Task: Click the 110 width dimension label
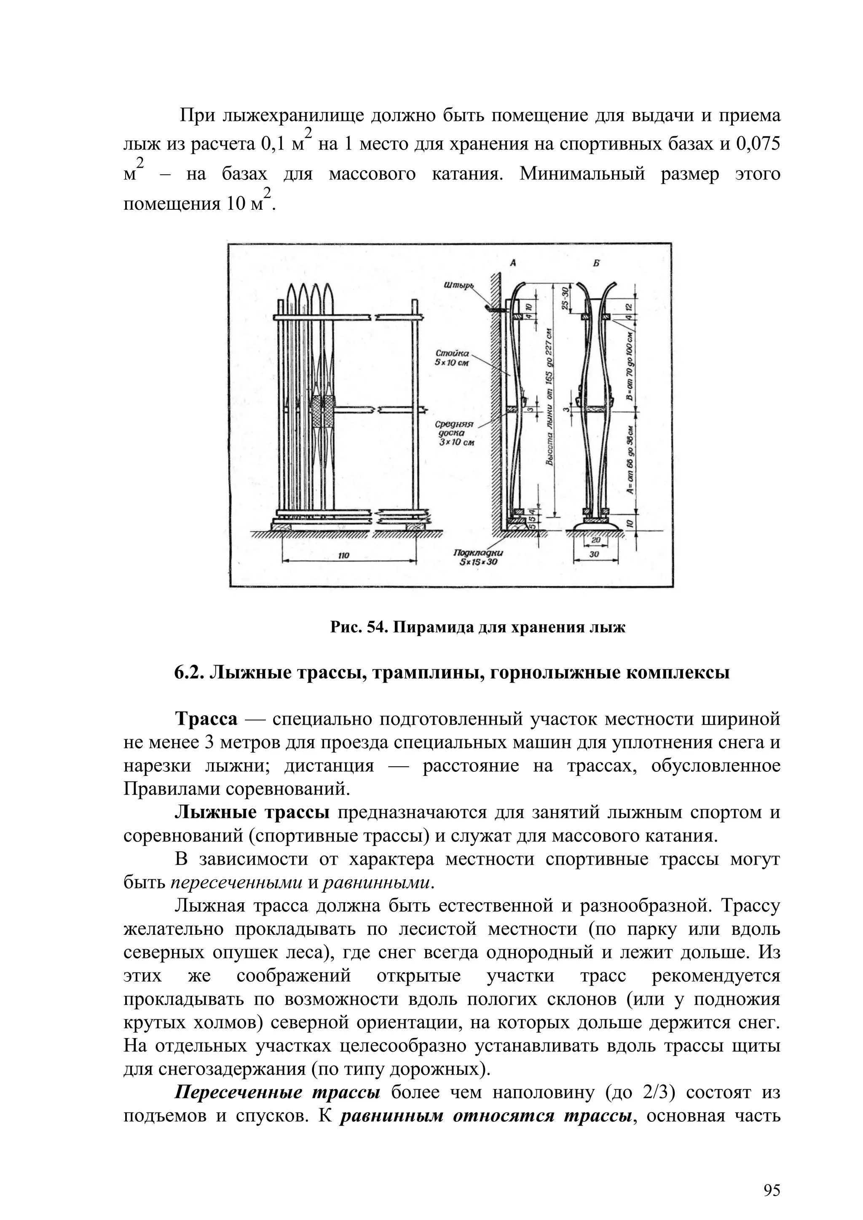tap(344, 555)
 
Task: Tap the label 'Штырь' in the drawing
tap(458, 286)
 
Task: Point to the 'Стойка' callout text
tap(452, 353)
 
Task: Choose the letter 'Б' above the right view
tap(594, 262)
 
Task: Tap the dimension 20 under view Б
tap(595, 539)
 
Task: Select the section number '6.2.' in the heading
tap(189, 673)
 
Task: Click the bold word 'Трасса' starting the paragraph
tap(207, 720)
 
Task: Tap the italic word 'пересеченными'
tap(236, 883)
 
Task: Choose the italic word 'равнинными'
tap(376, 883)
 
